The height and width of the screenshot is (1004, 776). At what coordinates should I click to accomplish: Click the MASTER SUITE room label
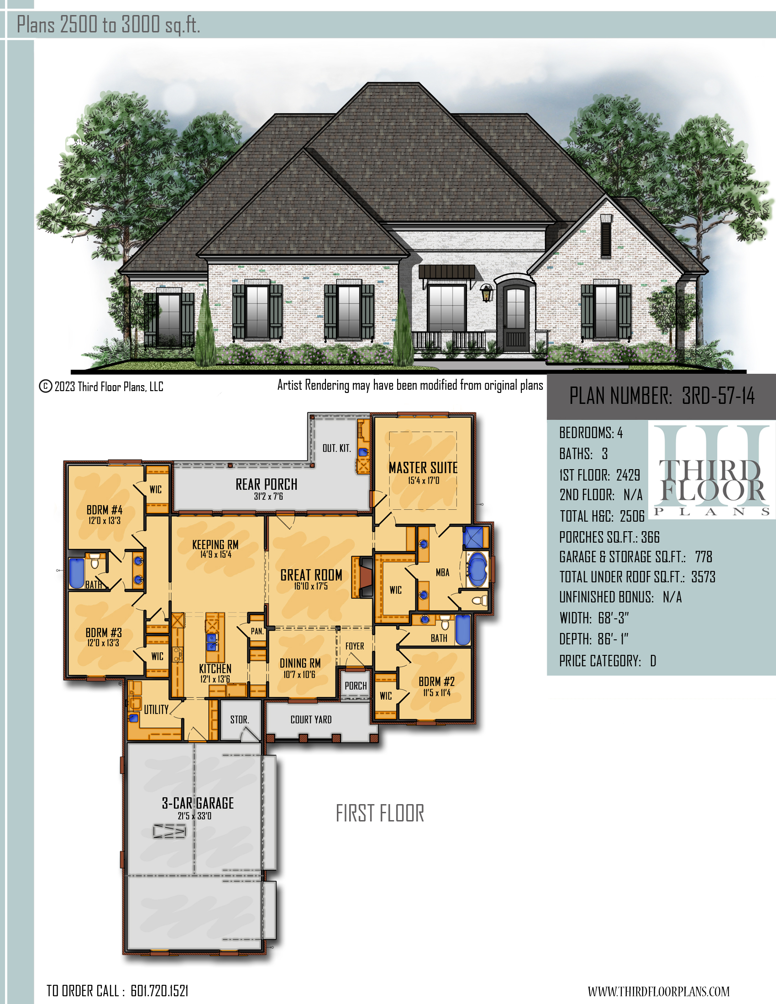coord(423,467)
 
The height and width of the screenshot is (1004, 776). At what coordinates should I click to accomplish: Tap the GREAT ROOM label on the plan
coord(311,575)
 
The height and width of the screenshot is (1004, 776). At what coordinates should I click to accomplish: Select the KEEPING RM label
coord(215,545)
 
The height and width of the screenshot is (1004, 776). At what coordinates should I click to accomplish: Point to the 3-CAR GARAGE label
coord(198,803)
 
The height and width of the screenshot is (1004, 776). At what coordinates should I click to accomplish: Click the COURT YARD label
coord(311,719)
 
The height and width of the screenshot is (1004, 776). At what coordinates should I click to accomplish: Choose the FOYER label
coord(354,646)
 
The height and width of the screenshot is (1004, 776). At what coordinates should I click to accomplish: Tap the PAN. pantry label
coord(257,631)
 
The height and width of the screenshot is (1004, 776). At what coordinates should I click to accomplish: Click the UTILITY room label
coord(156,709)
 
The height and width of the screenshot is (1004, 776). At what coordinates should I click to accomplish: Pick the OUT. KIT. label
coord(336,448)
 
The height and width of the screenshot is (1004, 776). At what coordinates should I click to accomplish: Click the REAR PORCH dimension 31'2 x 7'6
coord(268,497)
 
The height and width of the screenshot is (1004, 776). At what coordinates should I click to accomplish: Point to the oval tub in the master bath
coord(477,569)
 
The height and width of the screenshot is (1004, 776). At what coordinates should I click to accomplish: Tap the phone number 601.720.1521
coord(159,991)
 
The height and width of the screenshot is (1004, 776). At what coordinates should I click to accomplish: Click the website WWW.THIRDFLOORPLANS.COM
coord(659,991)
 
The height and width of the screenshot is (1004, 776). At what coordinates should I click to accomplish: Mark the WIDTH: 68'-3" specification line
coord(594,618)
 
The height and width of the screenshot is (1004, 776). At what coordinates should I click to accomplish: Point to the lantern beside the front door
coord(486,293)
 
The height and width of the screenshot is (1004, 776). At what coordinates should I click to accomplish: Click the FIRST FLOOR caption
coord(380,813)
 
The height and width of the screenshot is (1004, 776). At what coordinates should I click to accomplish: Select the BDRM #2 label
coord(436,681)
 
